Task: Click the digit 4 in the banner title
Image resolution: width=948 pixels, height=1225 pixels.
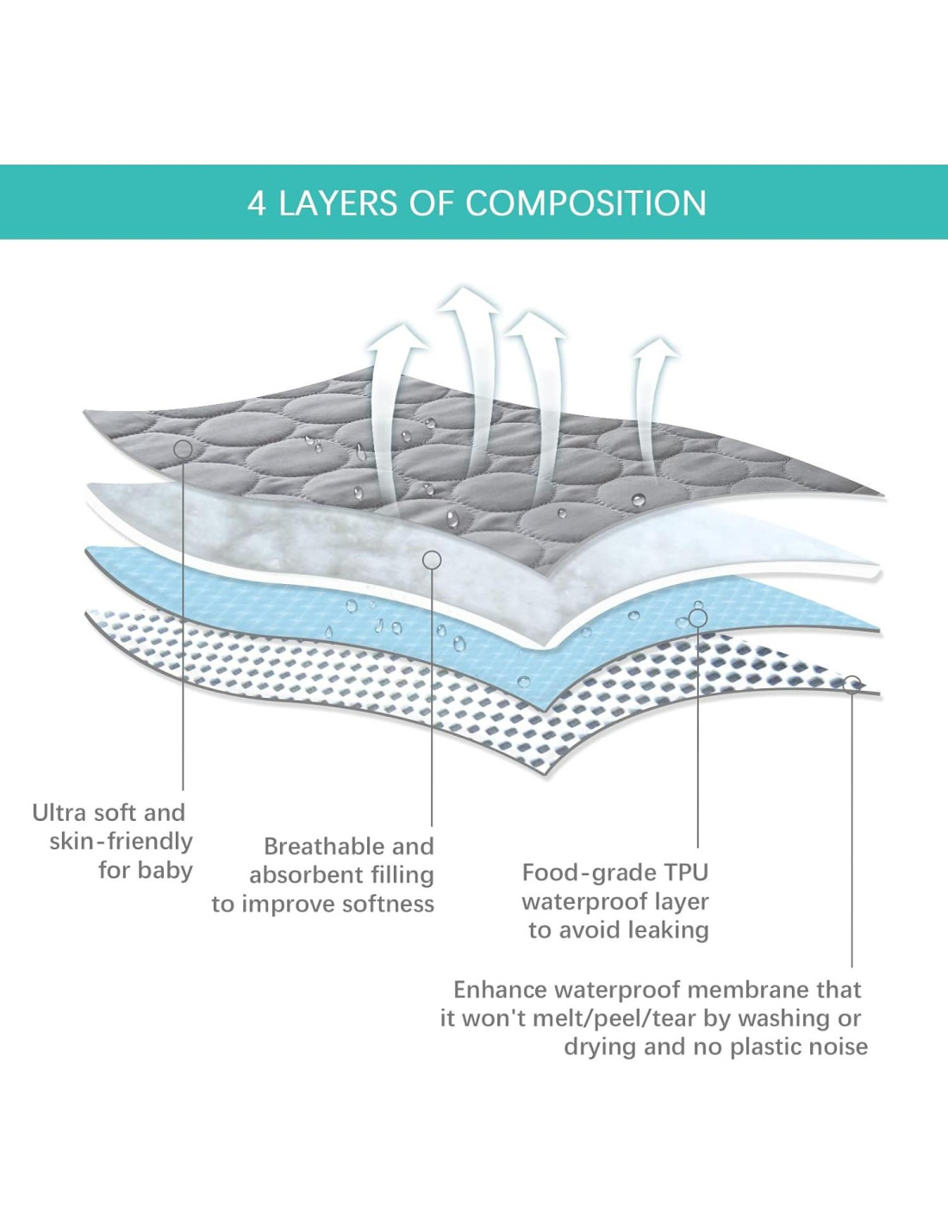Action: coord(256,203)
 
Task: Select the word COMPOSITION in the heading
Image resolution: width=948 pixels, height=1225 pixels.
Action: coord(586,203)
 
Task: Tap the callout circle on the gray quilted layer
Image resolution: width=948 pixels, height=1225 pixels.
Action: coord(183,449)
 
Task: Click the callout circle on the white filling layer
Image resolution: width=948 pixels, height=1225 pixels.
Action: coord(432,560)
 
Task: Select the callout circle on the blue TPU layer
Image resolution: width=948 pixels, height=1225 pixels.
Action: coord(698,619)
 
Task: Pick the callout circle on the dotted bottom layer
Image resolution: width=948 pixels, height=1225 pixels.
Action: coord(851,684)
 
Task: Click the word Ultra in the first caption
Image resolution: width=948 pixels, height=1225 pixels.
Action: coord(61,812)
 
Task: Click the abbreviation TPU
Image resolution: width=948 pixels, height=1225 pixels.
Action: coord(686,873)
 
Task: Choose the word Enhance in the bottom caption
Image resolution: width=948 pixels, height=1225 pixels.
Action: coord(500,990)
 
